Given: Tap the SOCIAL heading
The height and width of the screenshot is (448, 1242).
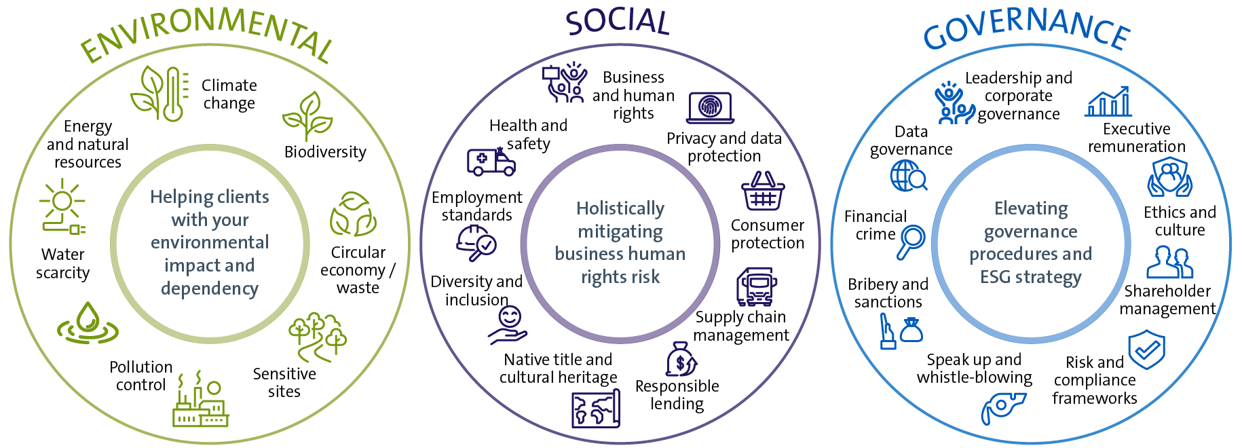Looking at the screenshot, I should pos(618,22).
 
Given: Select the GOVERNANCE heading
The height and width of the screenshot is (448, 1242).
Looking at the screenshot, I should pos(1026,29).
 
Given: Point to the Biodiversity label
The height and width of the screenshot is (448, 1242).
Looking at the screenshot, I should pos(325,152).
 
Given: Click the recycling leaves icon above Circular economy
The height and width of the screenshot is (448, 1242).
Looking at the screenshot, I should pos(353,214).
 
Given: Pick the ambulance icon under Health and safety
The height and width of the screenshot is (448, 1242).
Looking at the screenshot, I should pos(491,162).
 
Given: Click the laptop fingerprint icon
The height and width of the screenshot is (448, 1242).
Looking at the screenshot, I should pos(710,108).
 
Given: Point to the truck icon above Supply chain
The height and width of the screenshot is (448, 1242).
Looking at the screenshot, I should pos(756,287).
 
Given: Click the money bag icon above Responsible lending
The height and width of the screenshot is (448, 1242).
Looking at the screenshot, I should pos(681,359).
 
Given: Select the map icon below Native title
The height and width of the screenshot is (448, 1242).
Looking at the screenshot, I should pos(596,409).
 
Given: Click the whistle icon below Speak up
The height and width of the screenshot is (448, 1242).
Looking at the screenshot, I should pos(1002,408).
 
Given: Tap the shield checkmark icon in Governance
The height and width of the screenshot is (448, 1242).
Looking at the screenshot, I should pos(1147,350).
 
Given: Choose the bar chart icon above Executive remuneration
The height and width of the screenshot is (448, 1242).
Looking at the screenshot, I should pos(1108,102).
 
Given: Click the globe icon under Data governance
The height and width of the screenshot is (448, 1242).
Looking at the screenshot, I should pos(908,176).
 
